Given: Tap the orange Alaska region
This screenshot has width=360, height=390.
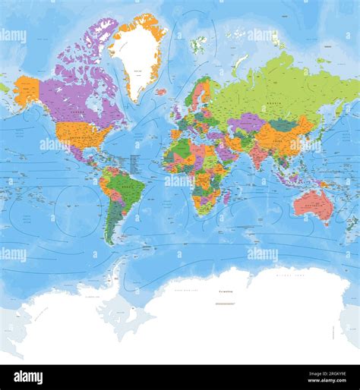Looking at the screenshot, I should tap(26, 91).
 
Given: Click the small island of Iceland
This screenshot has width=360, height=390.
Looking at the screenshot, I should tap(161, 92).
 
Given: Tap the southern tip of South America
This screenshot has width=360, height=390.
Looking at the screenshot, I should tap(112, 242).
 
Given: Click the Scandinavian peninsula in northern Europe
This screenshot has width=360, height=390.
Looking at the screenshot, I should tap(198, 95).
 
